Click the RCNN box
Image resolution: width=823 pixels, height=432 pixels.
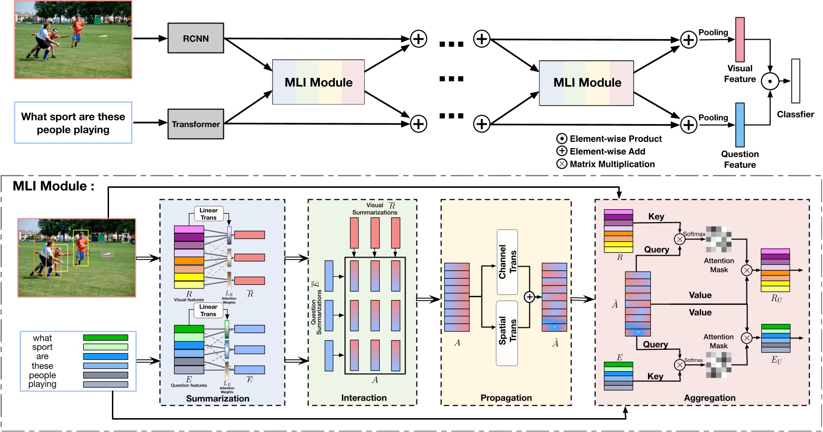click(x=196, y=38)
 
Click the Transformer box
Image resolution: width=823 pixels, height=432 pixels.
click(x=196, y=124)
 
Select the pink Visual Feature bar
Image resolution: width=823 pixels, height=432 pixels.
click(x=740, y=40)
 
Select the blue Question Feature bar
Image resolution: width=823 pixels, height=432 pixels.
click(x=740, y=125)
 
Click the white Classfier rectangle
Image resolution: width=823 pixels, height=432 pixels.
click(x=795, y=81)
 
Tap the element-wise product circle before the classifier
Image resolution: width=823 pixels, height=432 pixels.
click(x=769, y=81)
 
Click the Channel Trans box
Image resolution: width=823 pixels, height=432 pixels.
click(x=507, y=262)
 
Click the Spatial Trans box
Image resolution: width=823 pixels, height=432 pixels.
click(x=507, y=333)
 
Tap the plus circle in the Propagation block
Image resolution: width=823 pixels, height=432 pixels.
click(x=529, y=297)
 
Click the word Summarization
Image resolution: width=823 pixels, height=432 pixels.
click(x=218, y=399)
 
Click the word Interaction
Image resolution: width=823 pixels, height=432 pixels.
click(x=363, y=398)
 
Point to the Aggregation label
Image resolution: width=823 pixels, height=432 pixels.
click(x=709, y=398)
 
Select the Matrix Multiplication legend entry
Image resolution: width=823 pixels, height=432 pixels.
click(x=606, y=164)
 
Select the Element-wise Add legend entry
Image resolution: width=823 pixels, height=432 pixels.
click(x=602, y=151)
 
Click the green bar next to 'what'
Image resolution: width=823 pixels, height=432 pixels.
click(x=105, y=338)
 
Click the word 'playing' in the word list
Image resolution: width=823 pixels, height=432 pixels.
click(x=42, y=384)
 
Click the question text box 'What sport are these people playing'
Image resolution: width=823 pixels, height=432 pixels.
click(x=73, y=123)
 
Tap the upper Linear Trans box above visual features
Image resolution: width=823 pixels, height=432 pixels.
click(x=208, y=214)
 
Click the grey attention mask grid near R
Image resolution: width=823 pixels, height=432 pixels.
click(x=719, y=239)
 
